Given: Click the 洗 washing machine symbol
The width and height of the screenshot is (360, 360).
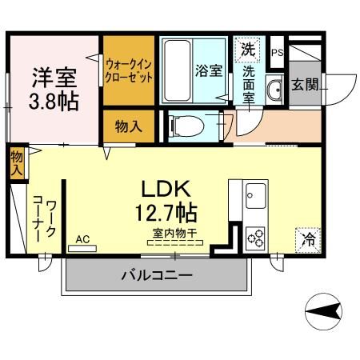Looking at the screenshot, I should click(x=249, y=48).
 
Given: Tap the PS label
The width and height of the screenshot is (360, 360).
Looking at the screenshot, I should click(x=277, y=53).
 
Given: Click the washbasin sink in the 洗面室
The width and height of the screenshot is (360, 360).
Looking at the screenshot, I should click(x=273, y=90).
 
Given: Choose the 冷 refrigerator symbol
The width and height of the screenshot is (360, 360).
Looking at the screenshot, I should click(x=307, y=237).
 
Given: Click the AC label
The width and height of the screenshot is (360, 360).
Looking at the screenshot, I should click(x=82, y=238).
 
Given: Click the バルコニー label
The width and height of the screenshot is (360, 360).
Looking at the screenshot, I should click(x=156, y=276).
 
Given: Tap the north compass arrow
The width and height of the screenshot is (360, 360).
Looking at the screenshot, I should click(x=325, y=310).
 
